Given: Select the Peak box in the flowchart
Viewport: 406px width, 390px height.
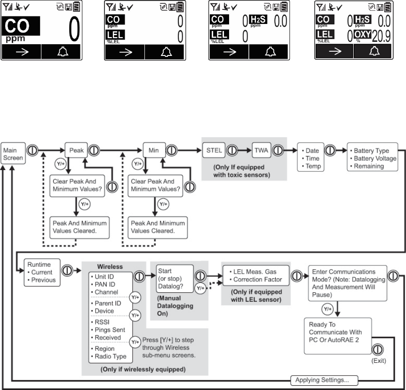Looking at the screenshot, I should (76, 151).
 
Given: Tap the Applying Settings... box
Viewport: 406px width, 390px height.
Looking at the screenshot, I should (324, 379).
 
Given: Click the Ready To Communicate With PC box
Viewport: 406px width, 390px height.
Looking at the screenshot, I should (337, 332).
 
